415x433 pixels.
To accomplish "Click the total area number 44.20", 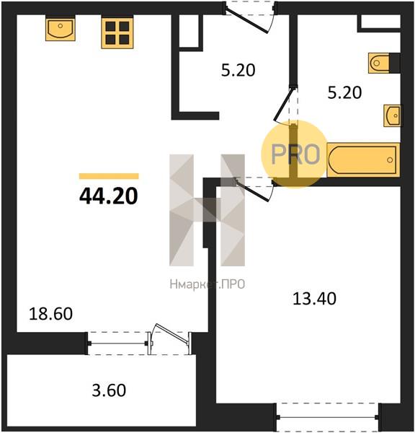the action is pos(108,196).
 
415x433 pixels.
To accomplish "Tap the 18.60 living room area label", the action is pos(50,314).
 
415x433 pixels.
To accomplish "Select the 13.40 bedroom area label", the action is pos(314,299).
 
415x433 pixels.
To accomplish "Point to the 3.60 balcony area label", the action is pos(109,390).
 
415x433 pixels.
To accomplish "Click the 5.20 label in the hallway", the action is pos(238,70).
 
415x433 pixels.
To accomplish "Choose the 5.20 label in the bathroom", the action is pos(344,92).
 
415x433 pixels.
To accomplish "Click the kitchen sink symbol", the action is pos(61,29).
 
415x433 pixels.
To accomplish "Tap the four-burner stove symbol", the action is pos(117,33).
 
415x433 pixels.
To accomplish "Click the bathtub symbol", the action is pos(363,160).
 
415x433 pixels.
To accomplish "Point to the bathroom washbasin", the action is pos(393,115).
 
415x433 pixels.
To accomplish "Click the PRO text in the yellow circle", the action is pos(295,154).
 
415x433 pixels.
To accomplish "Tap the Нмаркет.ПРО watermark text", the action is pos(207,284).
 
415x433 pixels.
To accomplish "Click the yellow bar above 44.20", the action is pos(109,176).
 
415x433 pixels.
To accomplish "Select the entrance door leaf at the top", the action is pos(246,21).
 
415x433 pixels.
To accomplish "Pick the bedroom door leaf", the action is pos(252,190).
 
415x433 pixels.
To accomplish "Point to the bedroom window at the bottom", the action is pos(327,416).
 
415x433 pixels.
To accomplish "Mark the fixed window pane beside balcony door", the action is pos(118,344).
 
